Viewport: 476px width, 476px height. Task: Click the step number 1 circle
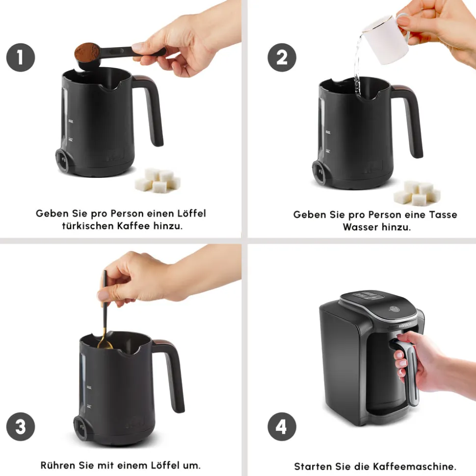(21, 57)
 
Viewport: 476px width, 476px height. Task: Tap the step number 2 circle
(282, 57)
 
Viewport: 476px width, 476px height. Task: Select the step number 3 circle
(21, 426)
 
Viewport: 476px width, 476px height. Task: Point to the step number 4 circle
(282, 426)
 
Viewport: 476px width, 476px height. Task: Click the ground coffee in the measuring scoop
(87, 51)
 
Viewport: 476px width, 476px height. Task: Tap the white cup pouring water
(387, 38)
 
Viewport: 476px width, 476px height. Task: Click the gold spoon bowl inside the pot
(105, 344)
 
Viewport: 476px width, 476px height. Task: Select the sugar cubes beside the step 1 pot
(158, 180)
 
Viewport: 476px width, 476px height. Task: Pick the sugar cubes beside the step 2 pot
(417, 193)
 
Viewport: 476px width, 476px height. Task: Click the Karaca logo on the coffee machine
(405, 326)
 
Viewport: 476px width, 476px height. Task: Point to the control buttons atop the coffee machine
(367, 295)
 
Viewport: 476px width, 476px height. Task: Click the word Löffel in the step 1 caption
(191, 213)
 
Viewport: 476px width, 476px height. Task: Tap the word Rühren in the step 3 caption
(58, 465)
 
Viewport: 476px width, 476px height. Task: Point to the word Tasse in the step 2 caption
(443, 215)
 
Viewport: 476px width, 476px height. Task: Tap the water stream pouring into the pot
(357, 65)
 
